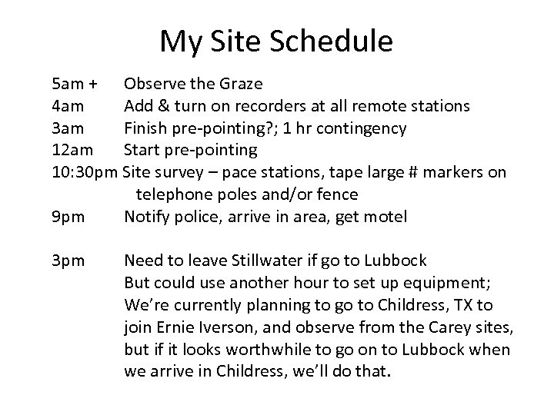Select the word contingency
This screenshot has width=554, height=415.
(371, 127)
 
